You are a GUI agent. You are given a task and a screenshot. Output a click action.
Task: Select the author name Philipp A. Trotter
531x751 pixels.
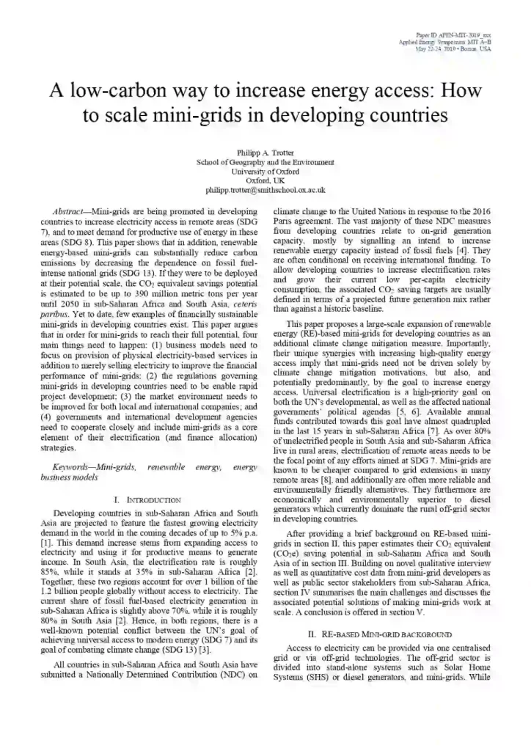pyautogui.click(x=265, y=152)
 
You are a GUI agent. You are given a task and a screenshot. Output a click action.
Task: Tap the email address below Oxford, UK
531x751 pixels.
pyautogui.click(x=265, y=190)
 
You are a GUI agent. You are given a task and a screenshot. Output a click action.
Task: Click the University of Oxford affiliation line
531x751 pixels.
pyautogui.click(x=265, y=171)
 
